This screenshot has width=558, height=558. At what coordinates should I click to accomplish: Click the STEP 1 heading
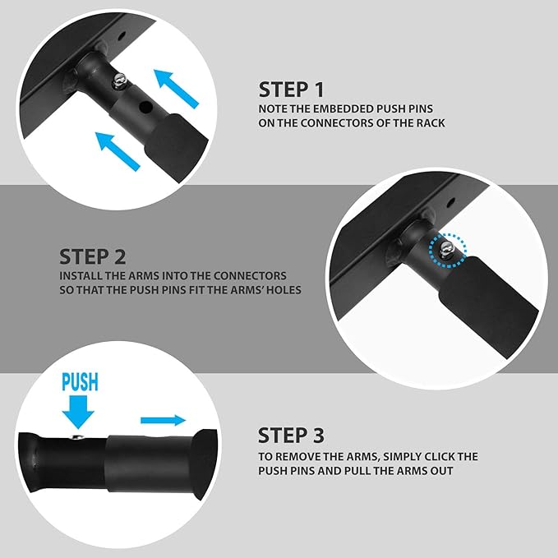pyautogui.click(x=291, y=90)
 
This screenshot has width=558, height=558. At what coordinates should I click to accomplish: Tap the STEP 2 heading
pyautogui.click(x=93, y=256)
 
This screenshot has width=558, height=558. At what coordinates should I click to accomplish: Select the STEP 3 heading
pyautogui.click(x=291, y=436)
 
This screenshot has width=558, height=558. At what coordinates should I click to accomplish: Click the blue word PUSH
pyautogui.click(x=80, y=382)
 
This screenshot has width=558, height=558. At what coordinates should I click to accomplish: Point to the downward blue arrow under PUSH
pyautogui.click(x=78, y=412)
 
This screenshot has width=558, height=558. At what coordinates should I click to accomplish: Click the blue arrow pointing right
pyautogui.click(x=163, y=420)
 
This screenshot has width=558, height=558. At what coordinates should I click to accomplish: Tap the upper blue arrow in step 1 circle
pyautogui.click(x=176, y=88)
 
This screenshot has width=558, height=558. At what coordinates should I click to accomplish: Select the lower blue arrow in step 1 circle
pyautogui.click(x=118, y=151)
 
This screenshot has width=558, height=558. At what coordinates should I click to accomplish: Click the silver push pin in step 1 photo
pyautogui.click(x=120, y=81)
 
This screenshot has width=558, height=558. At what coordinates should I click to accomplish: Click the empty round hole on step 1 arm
pyautogui.click(x=145, y=106)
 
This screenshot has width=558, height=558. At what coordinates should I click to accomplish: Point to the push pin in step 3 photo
pyautogui.click(x=78, y=437)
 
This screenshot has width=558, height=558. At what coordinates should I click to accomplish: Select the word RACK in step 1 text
pyautogui.click(x=431, y=122)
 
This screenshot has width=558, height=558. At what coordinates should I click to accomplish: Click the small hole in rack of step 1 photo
pyautogui.click(x=122, y=35)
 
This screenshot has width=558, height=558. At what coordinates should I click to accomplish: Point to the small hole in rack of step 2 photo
pyautogui.click(x=450, y=203)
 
